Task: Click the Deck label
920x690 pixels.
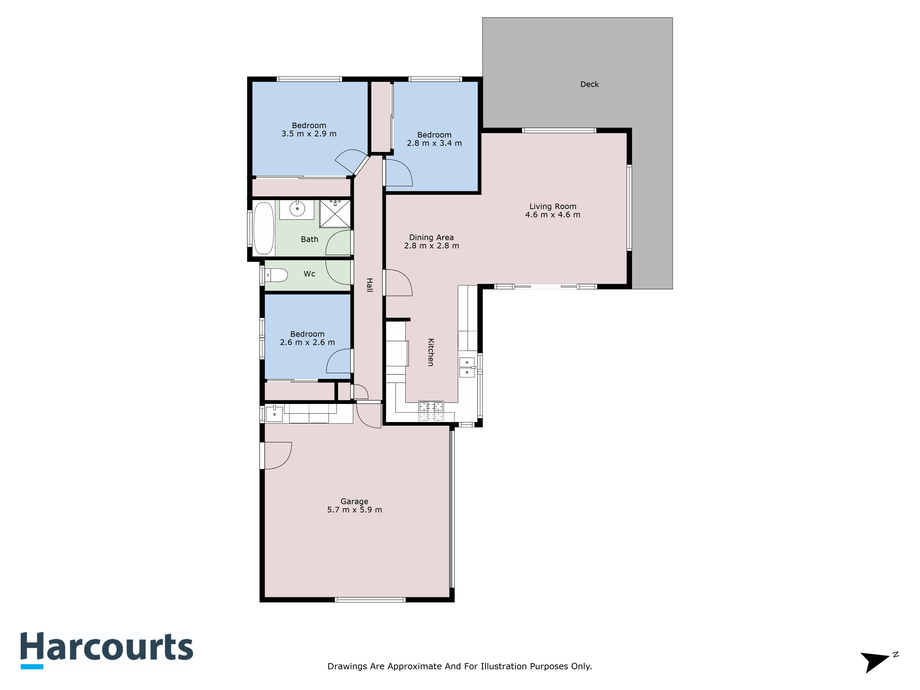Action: pos(589,84)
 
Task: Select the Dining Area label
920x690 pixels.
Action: pos(431,238)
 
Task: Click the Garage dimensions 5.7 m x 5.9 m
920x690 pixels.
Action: pos(354,510)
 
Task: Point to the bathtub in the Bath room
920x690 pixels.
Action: pos(263,228)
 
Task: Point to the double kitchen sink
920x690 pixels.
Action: pos(467,367)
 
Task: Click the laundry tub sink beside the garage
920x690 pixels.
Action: pos(274,414)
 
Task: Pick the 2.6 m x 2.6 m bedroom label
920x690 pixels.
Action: pos(307,338)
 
